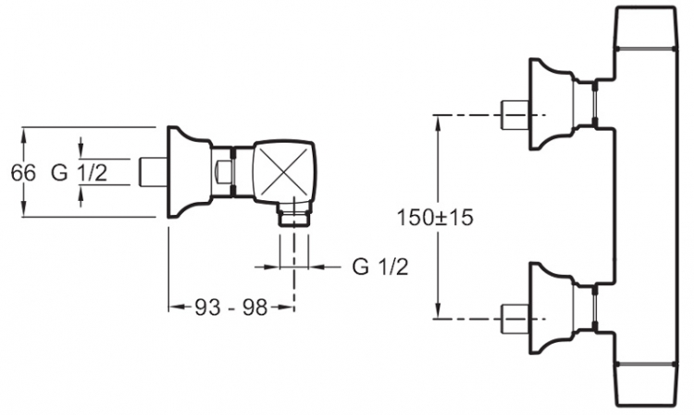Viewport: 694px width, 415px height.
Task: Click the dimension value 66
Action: [23, 172]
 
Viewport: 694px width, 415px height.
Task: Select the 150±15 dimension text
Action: [435, 218]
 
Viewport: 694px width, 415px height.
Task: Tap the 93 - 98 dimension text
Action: [231, 307]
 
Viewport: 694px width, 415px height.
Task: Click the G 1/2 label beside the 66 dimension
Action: [80, 172]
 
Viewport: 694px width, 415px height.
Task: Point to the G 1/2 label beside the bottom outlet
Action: [380, 267]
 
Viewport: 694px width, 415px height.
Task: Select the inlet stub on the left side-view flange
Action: [153, 172]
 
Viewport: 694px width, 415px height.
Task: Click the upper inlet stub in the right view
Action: [515, 115]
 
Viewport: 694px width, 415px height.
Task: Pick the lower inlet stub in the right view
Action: [515, 319]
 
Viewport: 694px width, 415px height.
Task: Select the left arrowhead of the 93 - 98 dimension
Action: [177, 307]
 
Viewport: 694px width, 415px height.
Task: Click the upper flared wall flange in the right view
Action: [551, 105]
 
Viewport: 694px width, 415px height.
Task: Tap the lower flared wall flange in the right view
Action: [551, 308]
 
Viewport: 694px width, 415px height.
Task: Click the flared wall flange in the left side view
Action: [189, 172]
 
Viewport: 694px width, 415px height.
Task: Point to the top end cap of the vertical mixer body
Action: [645, 28]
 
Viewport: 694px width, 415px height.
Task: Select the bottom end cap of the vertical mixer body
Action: [645, 385]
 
